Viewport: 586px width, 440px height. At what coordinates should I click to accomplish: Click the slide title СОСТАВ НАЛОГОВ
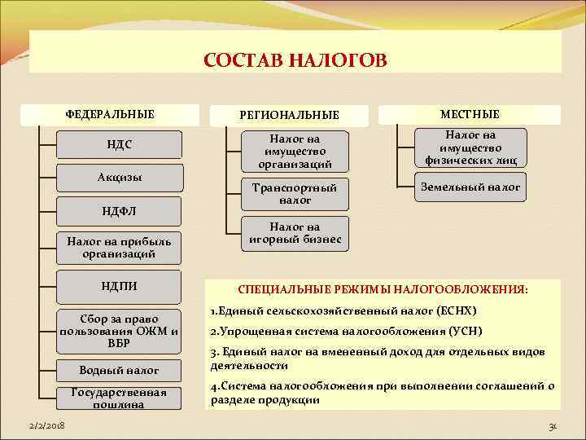[x=295, y=61]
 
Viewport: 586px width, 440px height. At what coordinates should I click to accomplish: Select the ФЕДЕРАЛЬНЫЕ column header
[x=110, y=113]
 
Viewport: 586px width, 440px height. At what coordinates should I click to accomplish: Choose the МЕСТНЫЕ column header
[x=470, y=114]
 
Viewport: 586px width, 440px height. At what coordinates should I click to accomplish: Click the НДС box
[x=119, y=145]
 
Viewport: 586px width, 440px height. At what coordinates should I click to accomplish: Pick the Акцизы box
[x=119, y=178]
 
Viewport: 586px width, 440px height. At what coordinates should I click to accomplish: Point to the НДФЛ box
[x=119, y=211]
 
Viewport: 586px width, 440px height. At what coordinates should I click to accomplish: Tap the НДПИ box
[x=119, y=286]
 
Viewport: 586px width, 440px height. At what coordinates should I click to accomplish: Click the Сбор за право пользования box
[x=119, y=331]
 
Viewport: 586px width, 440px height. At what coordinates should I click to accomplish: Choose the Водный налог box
[x=119, y=370]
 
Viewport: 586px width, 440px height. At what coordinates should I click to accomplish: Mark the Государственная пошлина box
[x=119, y=398]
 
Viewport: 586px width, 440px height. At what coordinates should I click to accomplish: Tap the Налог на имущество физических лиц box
[x=470, y=147]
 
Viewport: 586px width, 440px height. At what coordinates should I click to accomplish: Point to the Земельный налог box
[x=470, y=187]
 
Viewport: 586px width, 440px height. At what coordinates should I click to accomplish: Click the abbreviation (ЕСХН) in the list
[x=457, y=311]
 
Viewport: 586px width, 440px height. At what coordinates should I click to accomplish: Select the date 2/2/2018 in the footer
[x=47, y=426]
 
